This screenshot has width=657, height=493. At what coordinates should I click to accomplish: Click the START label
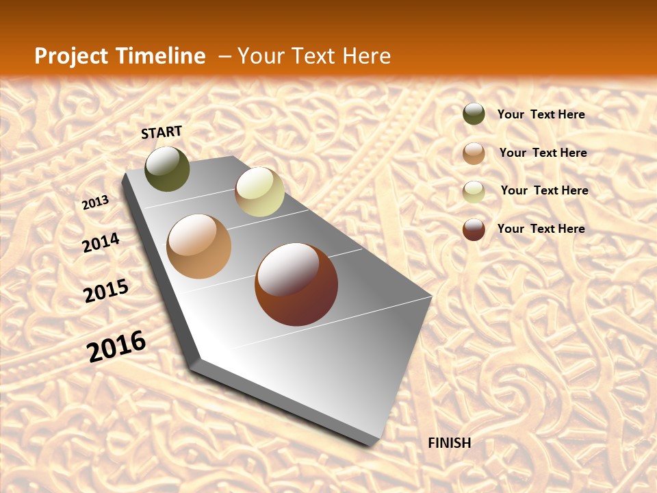coord(162,132)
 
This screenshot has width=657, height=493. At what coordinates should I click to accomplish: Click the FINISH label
coord(449,443)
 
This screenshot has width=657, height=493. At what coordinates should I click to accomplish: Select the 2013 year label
coord(96,203)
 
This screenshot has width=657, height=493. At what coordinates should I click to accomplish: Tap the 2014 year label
coord(101,243)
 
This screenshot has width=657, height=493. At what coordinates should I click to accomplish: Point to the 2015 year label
coord(106,291)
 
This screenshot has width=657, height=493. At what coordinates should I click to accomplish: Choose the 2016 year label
coord(116,346)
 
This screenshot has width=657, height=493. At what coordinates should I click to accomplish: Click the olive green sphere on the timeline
coord(167,169)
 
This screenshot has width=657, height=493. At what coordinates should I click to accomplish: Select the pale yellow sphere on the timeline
coord(259,192)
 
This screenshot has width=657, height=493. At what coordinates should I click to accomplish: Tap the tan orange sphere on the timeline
coord(199,246)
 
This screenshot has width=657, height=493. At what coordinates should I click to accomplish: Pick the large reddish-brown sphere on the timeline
coord(296,284)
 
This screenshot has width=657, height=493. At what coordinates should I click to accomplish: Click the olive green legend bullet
coord(474,114)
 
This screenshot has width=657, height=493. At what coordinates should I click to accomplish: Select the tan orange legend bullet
coord(474,153)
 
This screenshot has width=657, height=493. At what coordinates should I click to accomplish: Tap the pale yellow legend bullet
coord(474,192)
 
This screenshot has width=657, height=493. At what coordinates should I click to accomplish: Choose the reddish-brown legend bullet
coord(474,229)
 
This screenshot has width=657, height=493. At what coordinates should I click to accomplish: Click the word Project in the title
coord(70,56)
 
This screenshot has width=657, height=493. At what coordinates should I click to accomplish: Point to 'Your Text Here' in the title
coord(313,56)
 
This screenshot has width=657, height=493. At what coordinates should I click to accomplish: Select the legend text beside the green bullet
coord(541,114)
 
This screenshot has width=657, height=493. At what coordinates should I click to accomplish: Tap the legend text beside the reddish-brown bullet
coord(541,229)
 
